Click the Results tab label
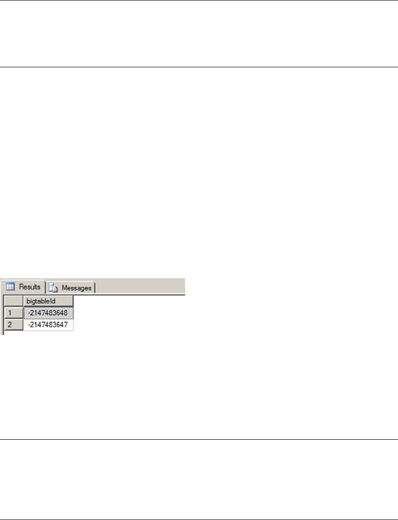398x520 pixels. click(30, 287)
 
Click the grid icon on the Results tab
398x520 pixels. click(11, 287)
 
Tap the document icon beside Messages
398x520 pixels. click(53, 287)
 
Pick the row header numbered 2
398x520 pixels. click(13, 325)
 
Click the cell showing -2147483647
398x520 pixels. click(48, 325)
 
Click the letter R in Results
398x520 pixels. click(21, 287)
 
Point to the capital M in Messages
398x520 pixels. click(64, 287)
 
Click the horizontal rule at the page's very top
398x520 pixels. click(199, 0)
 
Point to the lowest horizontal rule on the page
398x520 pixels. click(199, 519)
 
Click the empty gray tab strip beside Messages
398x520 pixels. click(139, 287)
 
